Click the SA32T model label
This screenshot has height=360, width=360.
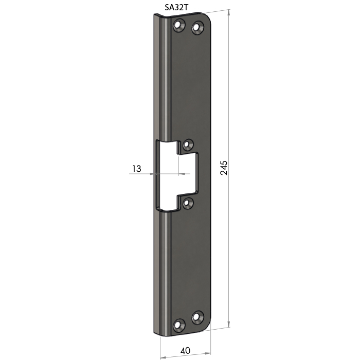[176, 8]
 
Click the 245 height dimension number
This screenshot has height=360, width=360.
[224, 168]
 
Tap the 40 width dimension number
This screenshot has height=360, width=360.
[186, 351]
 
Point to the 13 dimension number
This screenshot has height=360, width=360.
[137, 169]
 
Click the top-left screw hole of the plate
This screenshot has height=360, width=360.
[179, 25]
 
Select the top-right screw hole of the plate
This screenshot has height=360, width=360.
[197, 28]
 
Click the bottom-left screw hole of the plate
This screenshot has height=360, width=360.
[179, 325]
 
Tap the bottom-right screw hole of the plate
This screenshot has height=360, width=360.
[197, 317]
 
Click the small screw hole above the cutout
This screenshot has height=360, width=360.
[188, 145]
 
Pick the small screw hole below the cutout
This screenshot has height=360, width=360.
[188, 203]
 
